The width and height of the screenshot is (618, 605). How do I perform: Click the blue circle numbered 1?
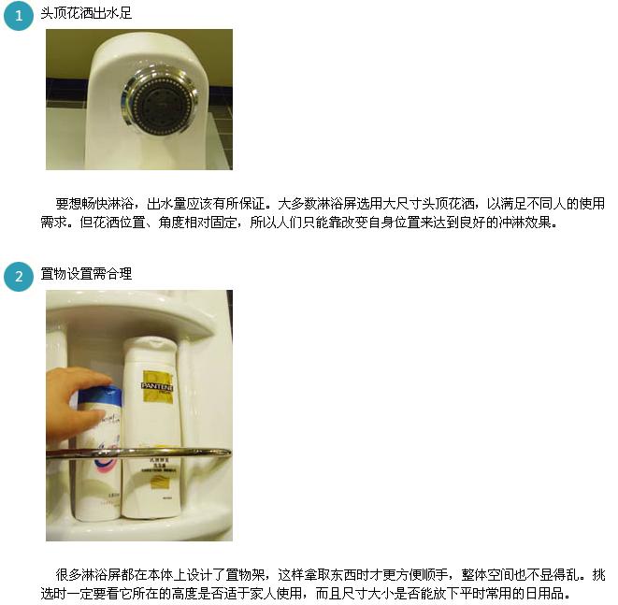click(19, 16)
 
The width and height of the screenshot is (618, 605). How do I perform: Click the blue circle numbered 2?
click(19, 276)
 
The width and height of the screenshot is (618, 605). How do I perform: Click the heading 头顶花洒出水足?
click(86, 13)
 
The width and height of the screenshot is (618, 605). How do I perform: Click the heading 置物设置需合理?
click(86, 274)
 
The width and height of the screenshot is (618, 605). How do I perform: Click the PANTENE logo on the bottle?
click(157, 386)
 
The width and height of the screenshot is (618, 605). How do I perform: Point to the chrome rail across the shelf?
click(138, 453)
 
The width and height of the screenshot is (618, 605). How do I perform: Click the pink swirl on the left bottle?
click(106, 457)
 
